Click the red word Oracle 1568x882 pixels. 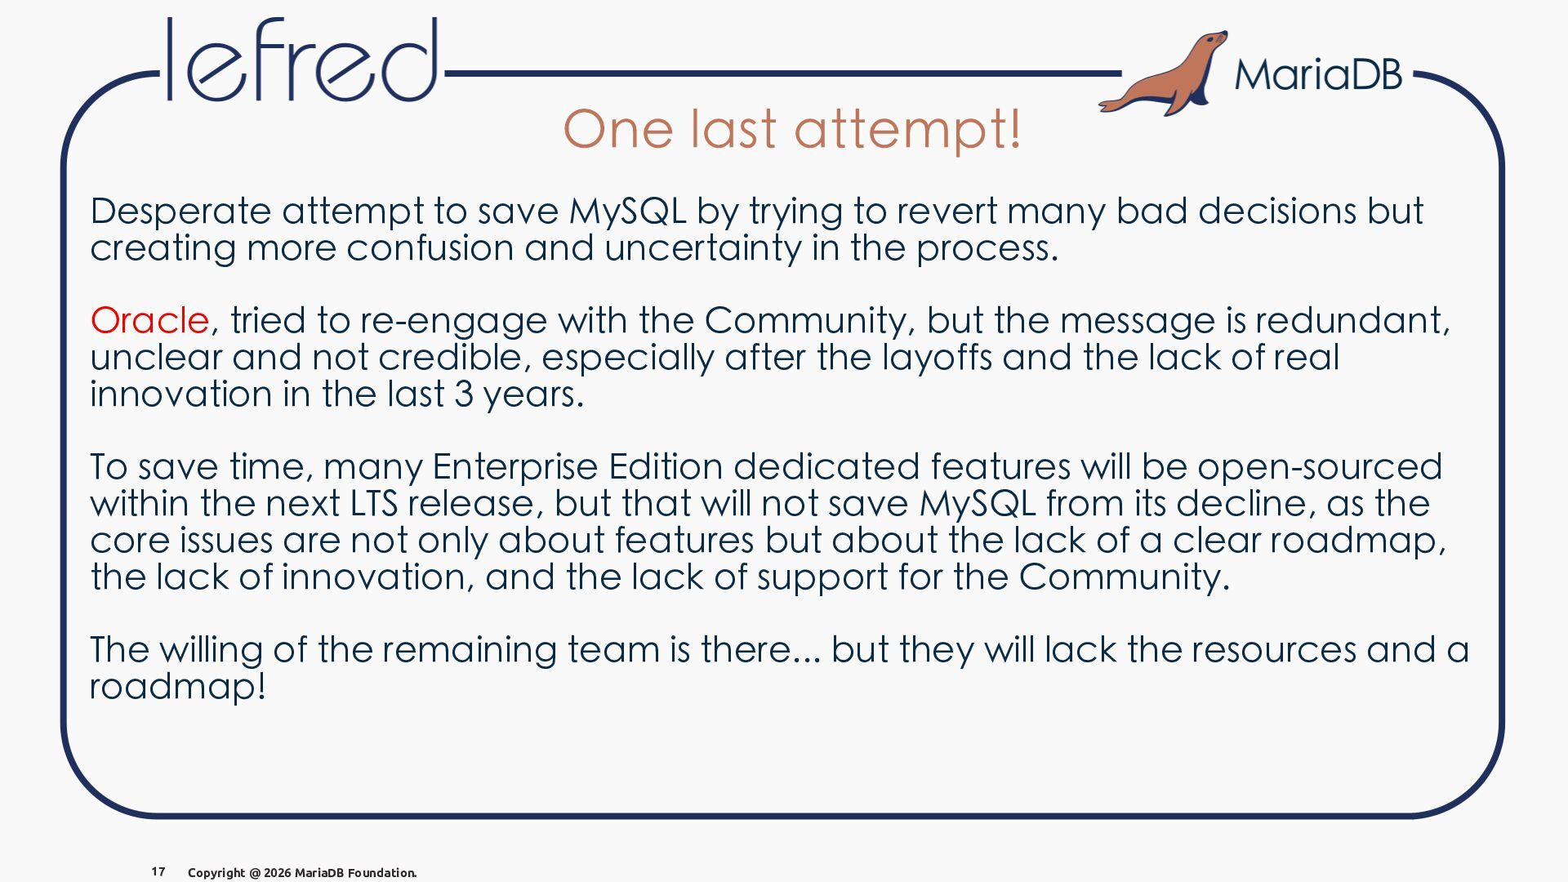pos(149,320)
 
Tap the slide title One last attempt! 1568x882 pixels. pos(792,129)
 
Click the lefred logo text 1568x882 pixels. pos(301,60)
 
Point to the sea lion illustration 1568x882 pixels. pos(1163,73)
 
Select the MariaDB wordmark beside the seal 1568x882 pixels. pos(1318,74)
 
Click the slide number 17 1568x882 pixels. pos(158,871)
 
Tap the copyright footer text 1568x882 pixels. pos(302,872)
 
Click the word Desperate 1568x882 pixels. pos(180,212)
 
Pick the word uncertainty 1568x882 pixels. pos(703,248)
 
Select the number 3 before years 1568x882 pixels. pos(463,394)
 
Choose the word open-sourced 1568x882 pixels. pos(1320,467)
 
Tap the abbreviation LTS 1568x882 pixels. pos(374,503)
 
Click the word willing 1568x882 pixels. pos(211,650)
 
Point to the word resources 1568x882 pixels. pos(1273,650)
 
